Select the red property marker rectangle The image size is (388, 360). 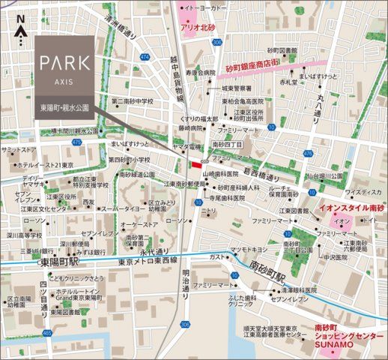pyautogui.click(x=196, y=164)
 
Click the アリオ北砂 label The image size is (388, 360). pyautogui.click(x=196, y=26)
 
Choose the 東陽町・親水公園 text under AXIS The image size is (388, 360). pyautogui.click(x=64, y=107)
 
